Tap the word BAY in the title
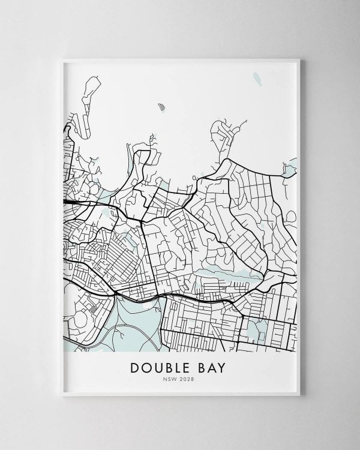tap(211, 367)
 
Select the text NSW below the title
tap(173, 379)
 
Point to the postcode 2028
tap(188, 379)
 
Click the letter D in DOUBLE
tap(135, 367)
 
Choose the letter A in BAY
tap(211, 367)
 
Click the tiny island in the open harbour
tap(161, 107)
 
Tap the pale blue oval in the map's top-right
tap(257, 79)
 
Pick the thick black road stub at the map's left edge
tap(68, 203)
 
